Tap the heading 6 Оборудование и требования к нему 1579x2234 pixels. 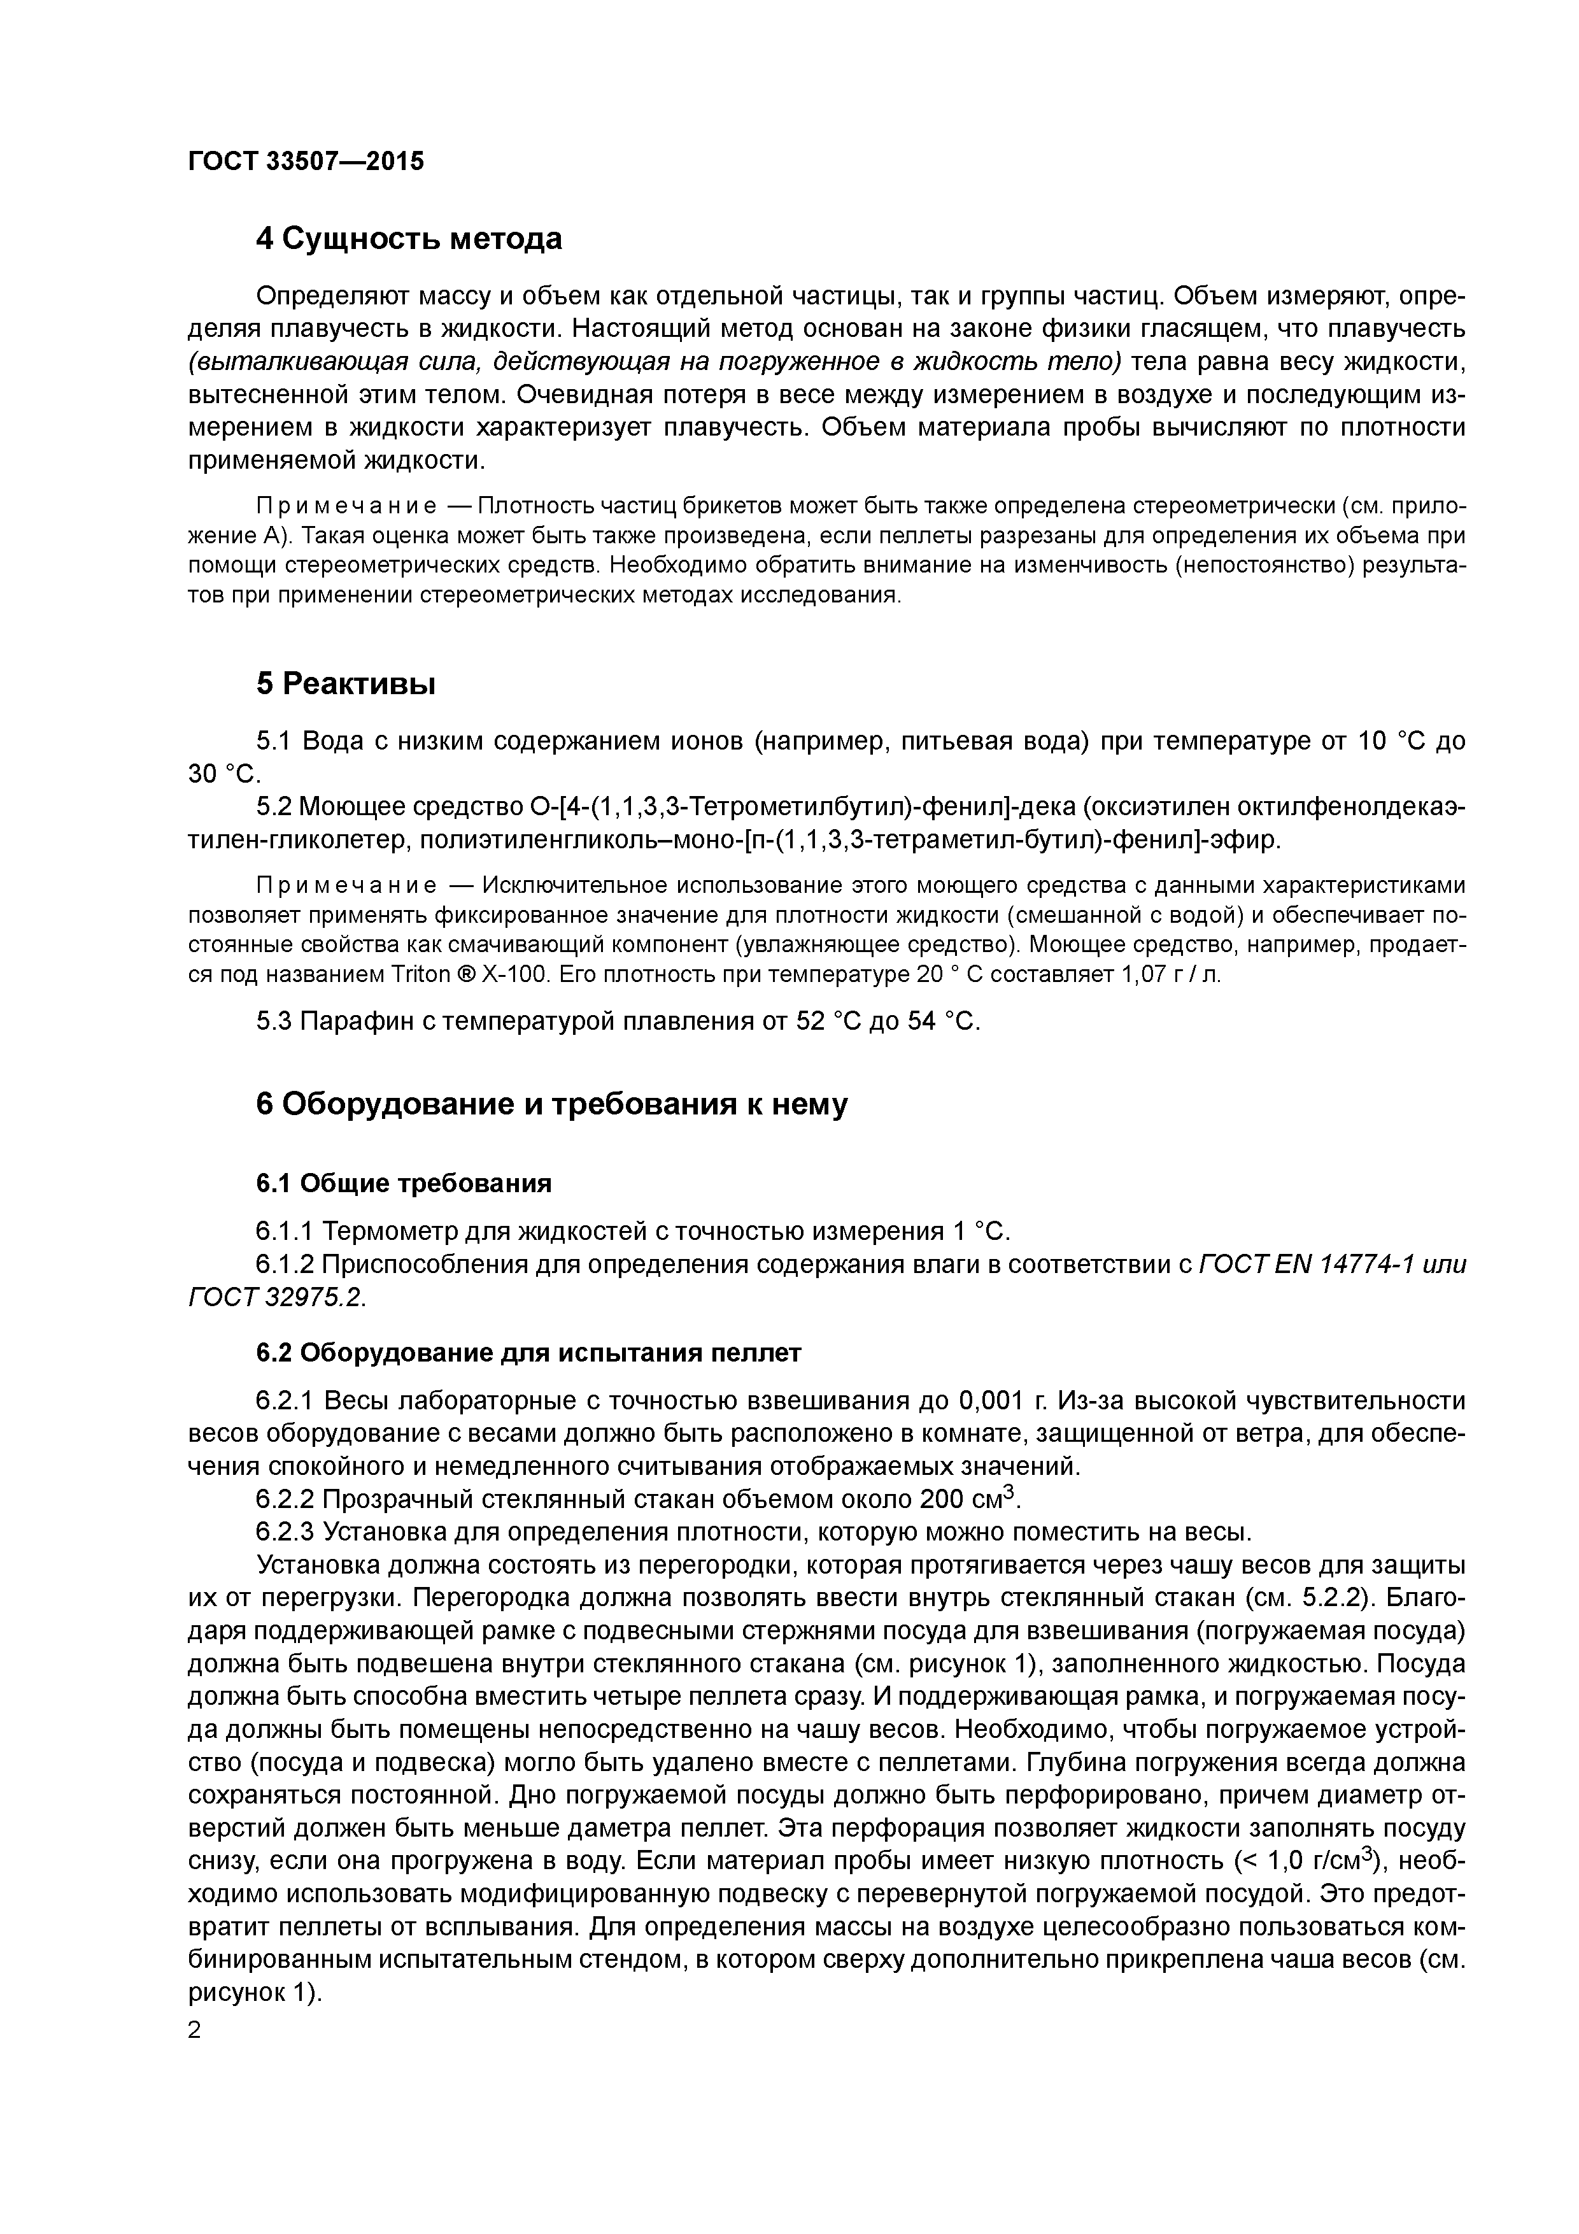551,1104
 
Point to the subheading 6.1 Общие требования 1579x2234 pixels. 404,1183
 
